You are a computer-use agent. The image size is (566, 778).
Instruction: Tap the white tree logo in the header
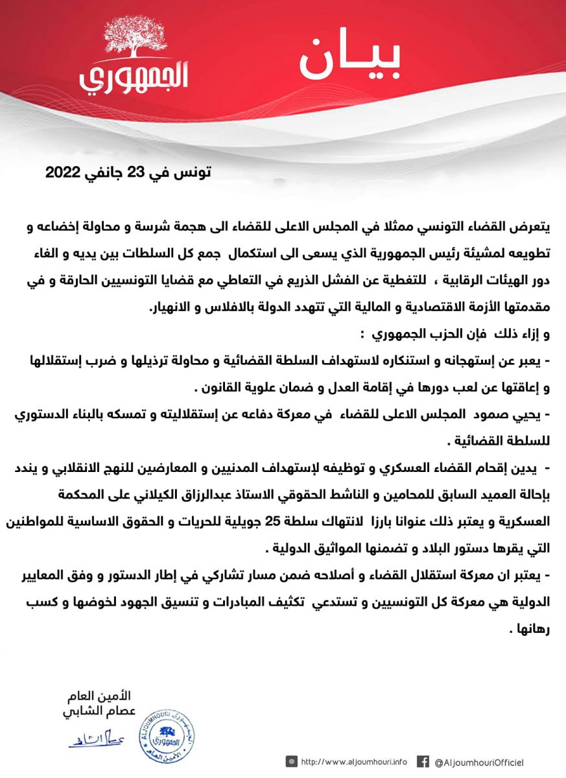click(x=134, y=40)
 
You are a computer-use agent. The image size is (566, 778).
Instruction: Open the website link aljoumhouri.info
click(x=354, y=762)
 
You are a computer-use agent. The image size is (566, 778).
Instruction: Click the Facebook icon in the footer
click(x=423, y=762)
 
